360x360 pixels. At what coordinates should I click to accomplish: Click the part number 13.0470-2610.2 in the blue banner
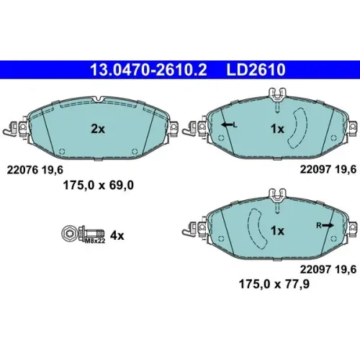(x=148, y=70)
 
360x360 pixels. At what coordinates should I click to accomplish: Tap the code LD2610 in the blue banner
(x=256, y=70)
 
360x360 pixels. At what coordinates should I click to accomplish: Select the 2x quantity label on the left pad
(x=98, y=129)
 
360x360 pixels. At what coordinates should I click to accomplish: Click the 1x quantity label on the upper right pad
(x=277, y=129)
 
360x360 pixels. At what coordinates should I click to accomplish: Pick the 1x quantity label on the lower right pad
(x=277, y=230)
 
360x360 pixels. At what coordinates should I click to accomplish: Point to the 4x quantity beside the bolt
(x=117, y=235)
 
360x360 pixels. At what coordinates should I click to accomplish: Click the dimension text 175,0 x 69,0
(x=98, y=185)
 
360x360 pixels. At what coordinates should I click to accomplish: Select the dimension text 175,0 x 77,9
(x=274, y=284)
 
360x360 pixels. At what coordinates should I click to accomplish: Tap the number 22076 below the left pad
(x=22, y=170)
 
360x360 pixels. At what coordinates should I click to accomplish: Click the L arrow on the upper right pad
(x=229, y=125)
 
